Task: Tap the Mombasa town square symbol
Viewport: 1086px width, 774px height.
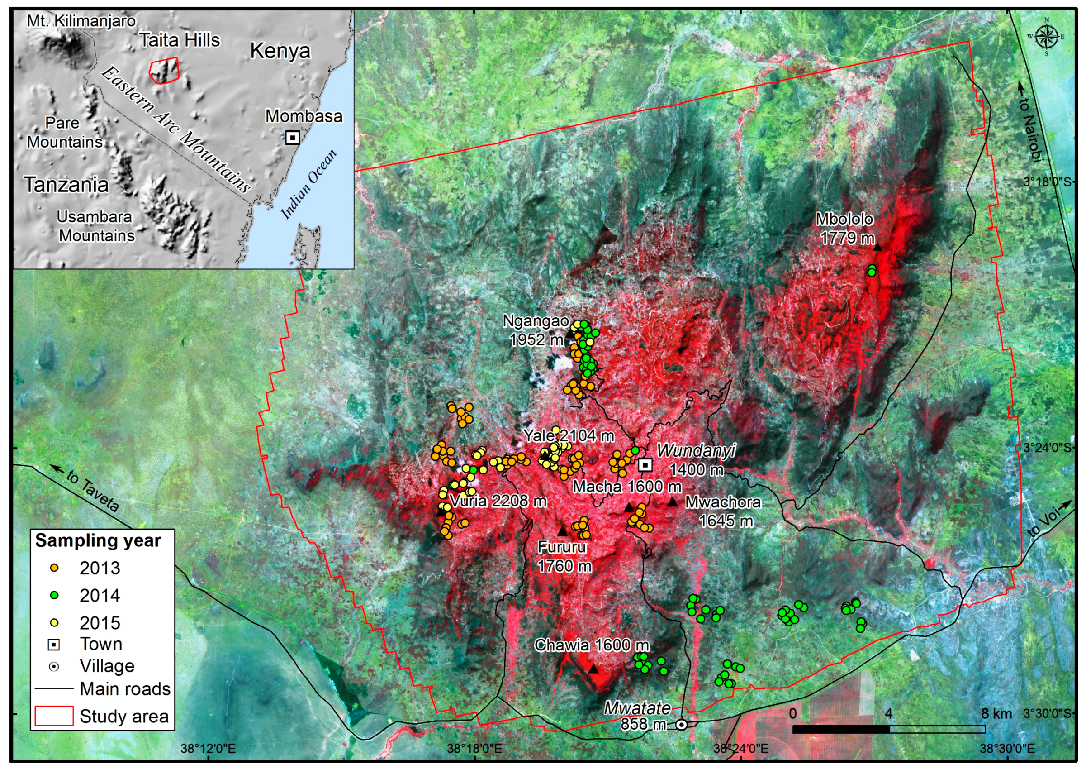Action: click(293, 138)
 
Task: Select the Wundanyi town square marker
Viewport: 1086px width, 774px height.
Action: click(645, 464)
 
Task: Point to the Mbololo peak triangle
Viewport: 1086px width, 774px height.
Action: click(877, 247)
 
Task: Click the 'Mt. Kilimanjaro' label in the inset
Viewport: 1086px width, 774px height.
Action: click(81, 21)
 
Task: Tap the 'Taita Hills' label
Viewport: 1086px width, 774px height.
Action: click(180, 41)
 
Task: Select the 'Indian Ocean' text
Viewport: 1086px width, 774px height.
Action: click(309, 183)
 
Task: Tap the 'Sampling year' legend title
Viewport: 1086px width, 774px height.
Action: click(98, 541)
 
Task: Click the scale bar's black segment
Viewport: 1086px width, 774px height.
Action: click(841, 729)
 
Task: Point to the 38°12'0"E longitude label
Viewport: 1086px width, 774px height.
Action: click(209, 749)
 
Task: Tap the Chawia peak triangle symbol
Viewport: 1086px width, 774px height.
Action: click(593, 669)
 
